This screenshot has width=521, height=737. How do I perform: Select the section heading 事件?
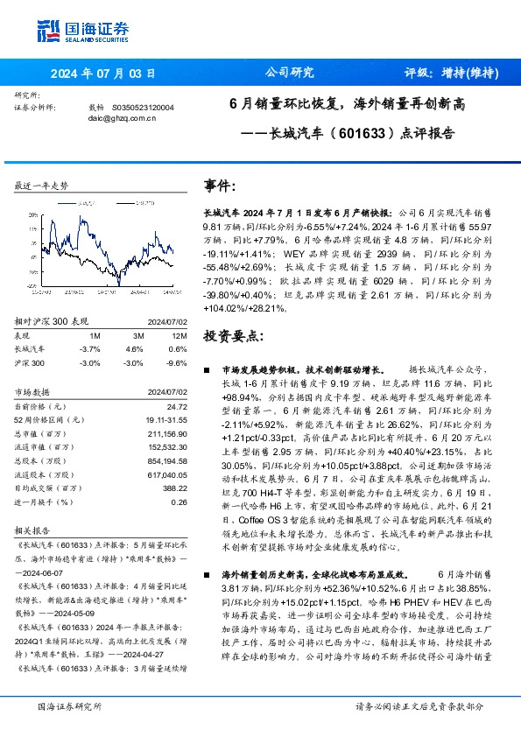click(219, 187)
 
